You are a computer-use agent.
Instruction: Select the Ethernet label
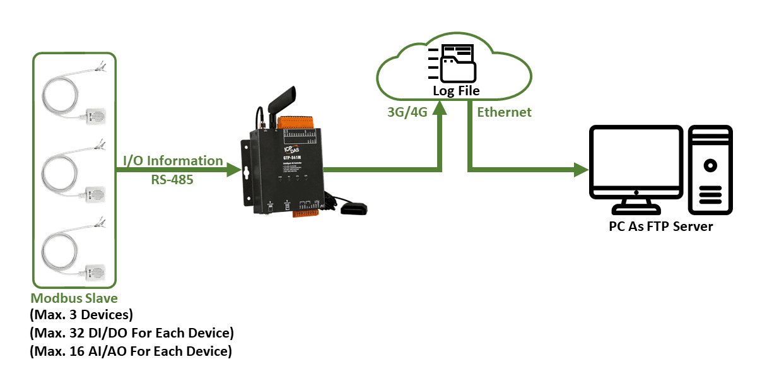504,112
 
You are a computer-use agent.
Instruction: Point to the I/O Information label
173,161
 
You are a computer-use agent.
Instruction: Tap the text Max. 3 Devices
82,314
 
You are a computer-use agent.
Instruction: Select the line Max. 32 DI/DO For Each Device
132,332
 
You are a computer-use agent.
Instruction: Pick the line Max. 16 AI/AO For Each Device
131,351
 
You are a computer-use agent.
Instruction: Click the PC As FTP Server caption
660,226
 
